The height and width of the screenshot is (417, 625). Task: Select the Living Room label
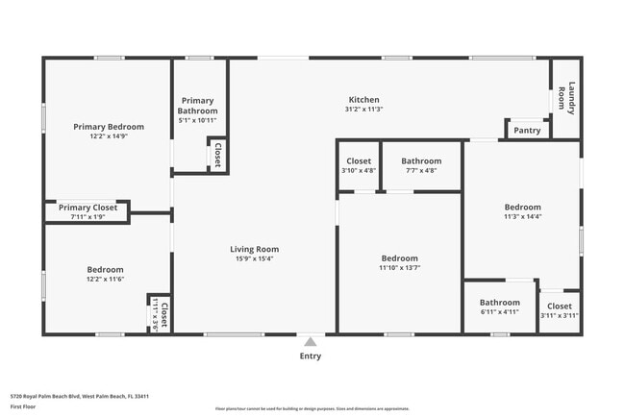(255, 249)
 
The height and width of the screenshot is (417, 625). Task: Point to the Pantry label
(527, 131)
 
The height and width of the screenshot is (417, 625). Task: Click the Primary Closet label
(87, 208)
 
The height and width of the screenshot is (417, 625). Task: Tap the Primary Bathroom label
(198, 106)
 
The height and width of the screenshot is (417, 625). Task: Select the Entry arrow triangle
(310, 340)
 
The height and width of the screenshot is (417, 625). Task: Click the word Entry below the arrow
(310, 356)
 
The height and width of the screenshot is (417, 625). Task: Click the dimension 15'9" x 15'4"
(255, 258)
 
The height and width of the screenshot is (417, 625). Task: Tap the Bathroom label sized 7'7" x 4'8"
(421, 161)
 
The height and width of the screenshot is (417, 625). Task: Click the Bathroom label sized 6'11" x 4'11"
(499, 302)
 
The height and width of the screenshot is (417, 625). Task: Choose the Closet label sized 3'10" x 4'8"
(359, 161)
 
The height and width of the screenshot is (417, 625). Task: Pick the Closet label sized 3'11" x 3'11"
(559, 307)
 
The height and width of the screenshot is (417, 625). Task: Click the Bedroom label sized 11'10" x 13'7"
(399, 258)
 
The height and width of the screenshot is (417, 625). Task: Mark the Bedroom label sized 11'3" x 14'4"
(522, 207)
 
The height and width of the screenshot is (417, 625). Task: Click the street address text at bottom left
(79, 396)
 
